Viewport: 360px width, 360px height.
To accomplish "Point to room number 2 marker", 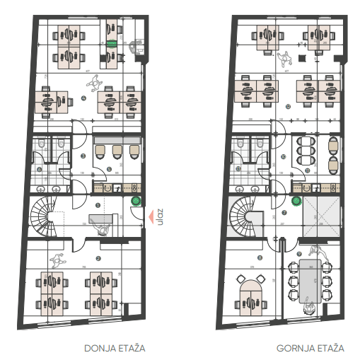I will click(x=98, y=258).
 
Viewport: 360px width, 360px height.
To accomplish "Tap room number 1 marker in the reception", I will click(x=97, y=204).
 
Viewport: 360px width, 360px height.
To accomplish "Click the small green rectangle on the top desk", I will click(x=111, y=43).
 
